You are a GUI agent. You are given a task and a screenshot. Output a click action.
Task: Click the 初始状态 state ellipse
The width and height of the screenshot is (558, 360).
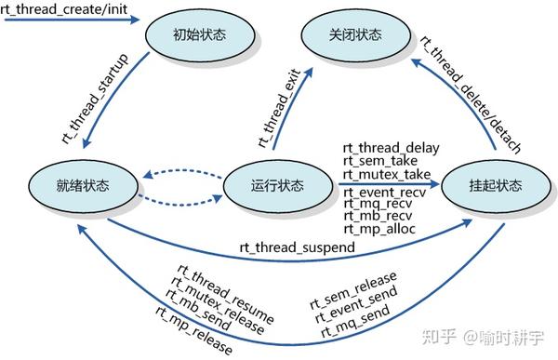pyautogui.click(x=200, y=36)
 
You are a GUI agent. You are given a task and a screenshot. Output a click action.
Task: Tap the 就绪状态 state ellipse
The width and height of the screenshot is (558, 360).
pyautogui.click(x=83, y=184)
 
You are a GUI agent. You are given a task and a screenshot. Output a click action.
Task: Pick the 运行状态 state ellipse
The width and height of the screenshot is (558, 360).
pyautogui.click(x=277, y=185)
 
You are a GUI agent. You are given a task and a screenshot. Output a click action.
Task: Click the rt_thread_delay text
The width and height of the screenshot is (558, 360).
pyautogui.click(x=391, y=147)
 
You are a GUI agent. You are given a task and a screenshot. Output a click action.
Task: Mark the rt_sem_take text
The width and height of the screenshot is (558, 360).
pyautogui.click(x=377, y=161)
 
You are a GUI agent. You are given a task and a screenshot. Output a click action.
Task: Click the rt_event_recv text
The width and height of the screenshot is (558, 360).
pyautogui.click(x=383, y=193)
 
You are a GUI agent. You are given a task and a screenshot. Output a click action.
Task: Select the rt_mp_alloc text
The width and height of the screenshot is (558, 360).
pyautogui.click(x=379, y=229)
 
